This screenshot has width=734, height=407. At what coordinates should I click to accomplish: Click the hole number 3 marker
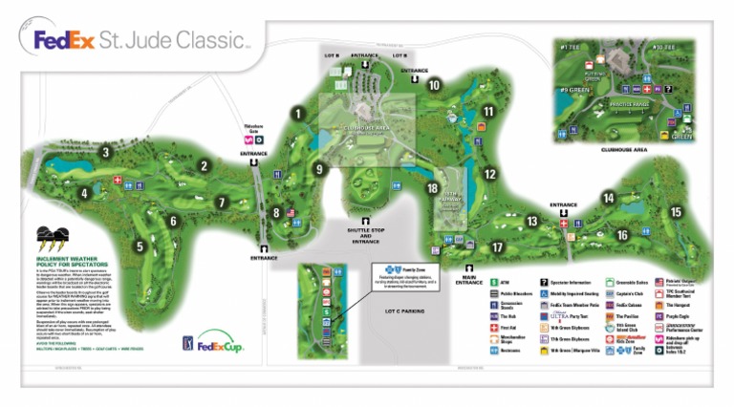pyautogui.click(x=107, y=151)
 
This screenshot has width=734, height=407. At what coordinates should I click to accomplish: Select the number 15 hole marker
pyautogui.click(x=677, y=213)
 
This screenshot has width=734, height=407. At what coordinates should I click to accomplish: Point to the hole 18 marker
pyautogui.click(x=432, y=189)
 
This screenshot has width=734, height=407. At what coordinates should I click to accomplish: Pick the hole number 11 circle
pyautogui.click(x=488, y=112)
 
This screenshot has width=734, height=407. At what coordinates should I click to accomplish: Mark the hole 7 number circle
pyautogui.click(x=221, y=203)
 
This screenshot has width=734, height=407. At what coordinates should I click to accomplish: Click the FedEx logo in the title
pyautogui.click(x=65, y=40)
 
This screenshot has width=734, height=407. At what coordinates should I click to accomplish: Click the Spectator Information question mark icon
pyautogui.click(x=544, y=284)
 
